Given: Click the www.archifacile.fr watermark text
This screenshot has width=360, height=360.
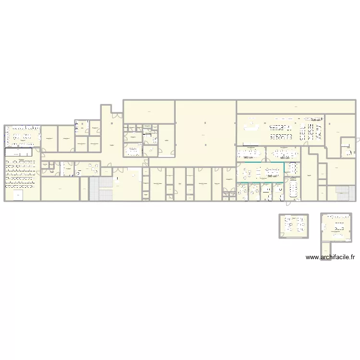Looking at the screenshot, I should tap(330, 257).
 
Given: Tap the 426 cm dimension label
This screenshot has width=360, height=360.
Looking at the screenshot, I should tap(316, 120).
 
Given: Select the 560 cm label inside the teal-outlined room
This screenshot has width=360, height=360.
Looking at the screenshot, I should tap(272, 176).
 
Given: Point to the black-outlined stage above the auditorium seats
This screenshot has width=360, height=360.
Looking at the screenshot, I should tap(18, 152).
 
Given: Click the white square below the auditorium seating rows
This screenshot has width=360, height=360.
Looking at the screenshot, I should tap(18, 195).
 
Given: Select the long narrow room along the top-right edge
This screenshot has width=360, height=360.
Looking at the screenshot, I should tap(296, 107).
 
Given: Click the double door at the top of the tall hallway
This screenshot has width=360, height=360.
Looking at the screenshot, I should tap(116, 114).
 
